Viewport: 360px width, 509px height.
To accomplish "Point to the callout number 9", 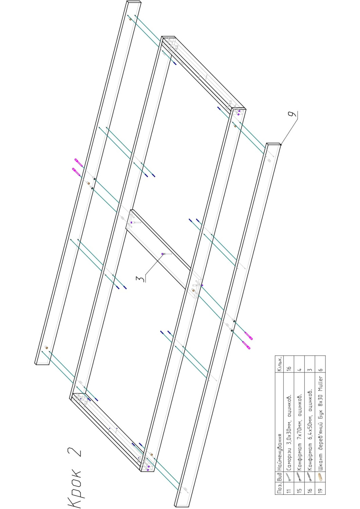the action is click(294, 114).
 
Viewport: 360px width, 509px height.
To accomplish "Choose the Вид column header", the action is click(279, 476).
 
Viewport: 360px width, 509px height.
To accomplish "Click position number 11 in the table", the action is click(289, 487).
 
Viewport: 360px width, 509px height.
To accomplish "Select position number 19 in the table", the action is click(320, 487).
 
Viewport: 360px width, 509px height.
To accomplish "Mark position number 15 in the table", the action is click(299, 487).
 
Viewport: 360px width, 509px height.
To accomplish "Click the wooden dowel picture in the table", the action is click(320, 476).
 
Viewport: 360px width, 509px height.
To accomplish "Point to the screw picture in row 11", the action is click(289, 476).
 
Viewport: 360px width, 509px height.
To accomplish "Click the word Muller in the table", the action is click(320, 384).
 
